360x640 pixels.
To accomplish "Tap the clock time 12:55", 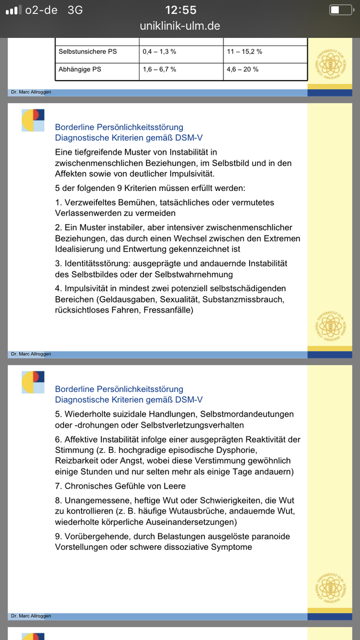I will (x=180, y=10).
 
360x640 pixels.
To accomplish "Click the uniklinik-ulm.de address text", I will (x=180, y=26).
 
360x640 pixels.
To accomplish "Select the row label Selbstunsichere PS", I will (x=87, y=52).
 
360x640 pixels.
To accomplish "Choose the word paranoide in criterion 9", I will (x=268, y=536).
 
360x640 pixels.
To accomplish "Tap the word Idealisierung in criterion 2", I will (x=81, y=249).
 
